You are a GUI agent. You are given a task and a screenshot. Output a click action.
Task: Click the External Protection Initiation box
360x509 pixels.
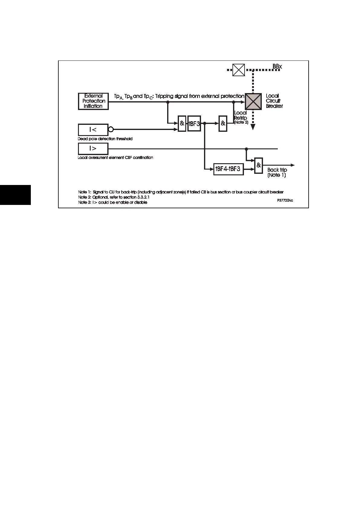(93, 101)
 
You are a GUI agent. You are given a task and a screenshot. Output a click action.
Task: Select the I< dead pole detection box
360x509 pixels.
(93, 130)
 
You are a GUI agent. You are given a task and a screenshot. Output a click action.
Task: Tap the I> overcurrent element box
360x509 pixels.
(93, 148)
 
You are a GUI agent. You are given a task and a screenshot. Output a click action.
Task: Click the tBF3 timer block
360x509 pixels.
(194, 123)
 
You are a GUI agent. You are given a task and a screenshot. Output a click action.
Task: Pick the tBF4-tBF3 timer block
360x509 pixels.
(228, 169)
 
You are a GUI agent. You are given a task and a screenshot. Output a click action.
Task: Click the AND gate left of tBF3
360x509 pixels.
(182, 123)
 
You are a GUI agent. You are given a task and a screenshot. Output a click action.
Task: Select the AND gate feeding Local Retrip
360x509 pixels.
(223, 123)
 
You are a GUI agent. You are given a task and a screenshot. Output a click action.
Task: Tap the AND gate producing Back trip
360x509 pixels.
(258, 165)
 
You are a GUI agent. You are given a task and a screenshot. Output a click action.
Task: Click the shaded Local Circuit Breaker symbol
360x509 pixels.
(253, 101)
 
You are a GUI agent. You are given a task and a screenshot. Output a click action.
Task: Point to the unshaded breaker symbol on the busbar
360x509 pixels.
(238, 70)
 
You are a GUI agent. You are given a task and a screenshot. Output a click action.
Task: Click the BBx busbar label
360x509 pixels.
(277, 66)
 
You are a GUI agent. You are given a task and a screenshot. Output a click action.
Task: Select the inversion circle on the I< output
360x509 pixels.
(111, 130)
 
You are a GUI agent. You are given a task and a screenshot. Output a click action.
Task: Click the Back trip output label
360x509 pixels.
(277, 172)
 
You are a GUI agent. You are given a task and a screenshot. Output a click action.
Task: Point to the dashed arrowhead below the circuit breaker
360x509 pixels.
(253, 127)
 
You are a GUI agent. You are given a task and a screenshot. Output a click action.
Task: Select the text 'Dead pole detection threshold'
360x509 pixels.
(105, 139)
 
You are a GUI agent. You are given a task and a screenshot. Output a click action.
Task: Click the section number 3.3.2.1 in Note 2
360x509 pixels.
(141, 197)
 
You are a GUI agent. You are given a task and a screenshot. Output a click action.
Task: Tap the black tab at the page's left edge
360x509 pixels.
(15, 195)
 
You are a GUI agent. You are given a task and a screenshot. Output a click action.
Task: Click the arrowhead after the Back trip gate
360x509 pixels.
(292, 165)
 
